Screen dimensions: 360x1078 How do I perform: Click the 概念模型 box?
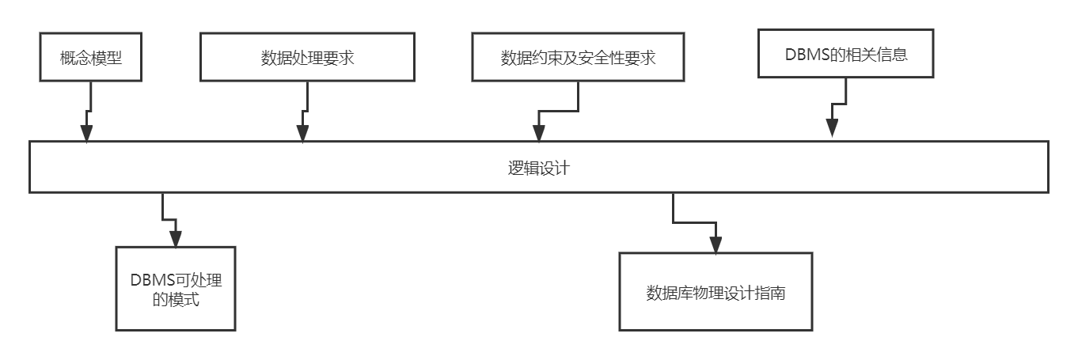(91, 58)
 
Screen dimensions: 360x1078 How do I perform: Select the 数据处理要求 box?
(307, 58)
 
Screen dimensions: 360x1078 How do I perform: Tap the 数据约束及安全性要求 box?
(578, 58)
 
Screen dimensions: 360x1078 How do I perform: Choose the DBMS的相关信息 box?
(845, 55)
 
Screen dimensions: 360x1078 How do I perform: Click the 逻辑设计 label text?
(538, 168)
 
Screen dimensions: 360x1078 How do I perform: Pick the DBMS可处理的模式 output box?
(176, 289)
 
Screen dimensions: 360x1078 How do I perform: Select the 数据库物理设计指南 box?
(716, 292)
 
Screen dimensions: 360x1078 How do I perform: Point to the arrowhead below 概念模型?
(86, 132)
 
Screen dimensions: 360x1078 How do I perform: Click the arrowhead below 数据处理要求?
(303, 132)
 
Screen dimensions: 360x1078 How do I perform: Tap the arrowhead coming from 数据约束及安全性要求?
(538, 132)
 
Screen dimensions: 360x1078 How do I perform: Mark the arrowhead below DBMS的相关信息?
(832, 128)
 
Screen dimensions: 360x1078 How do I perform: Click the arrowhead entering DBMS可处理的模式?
(175, 238)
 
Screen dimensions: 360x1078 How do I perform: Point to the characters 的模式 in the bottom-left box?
(176, 300)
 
